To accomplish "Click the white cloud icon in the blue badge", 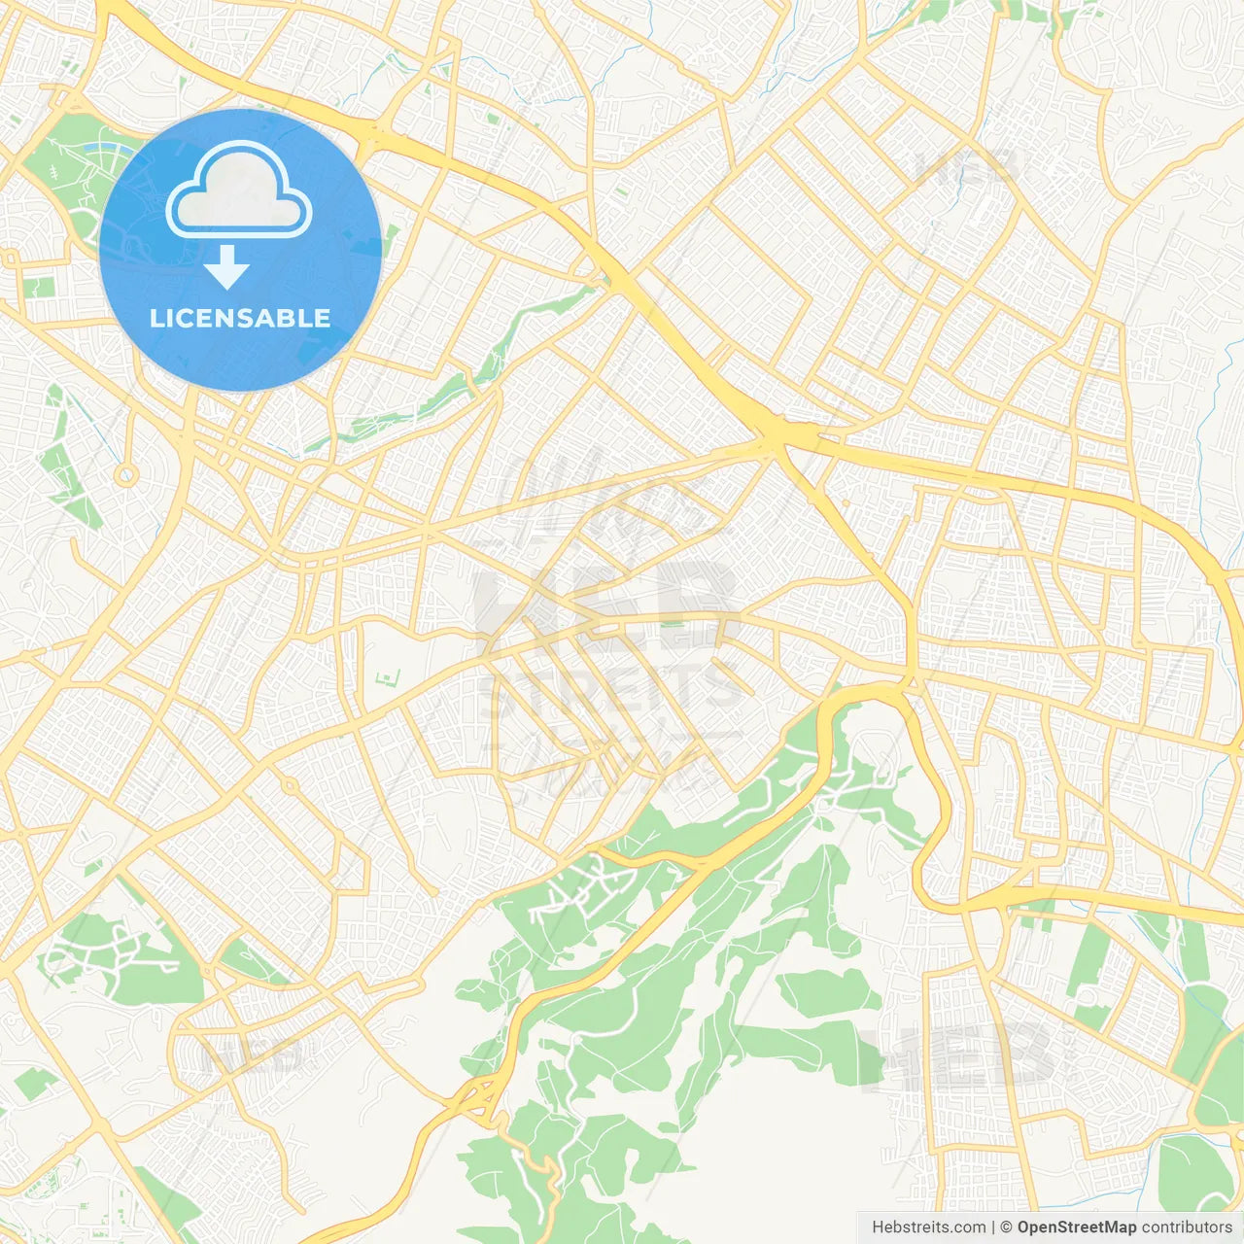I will click(x=239, y=190).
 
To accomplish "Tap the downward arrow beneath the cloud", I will click(x=226, y=267).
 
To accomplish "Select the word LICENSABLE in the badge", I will click(x=240, y=318).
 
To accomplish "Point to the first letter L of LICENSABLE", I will click(x=156, y=318).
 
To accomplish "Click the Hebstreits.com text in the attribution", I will click(x=928, y=1227).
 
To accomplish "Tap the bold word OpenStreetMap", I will click(x=1076, y=1227).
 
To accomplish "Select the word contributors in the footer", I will click(x=1187, y=1227).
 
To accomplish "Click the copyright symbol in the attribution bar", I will click(x=1006, y=1227).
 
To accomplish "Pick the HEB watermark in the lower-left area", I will click(x=258, y=1054).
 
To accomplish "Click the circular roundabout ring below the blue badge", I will click(x=125, y=476).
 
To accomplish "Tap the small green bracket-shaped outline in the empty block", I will click(x=389, y=676).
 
